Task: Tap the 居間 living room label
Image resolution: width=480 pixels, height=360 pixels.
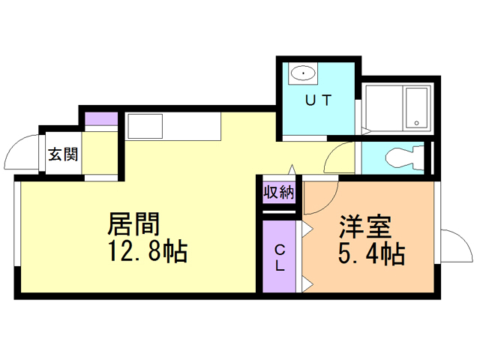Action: pyautogui.click(x=135, y=224)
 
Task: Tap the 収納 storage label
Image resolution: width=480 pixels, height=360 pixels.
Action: pyautogui.click(x=279, y=192)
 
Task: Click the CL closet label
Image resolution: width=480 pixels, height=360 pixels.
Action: pyautogui.click(x=279, y=257)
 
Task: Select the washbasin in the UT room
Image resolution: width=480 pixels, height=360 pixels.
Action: pyautogui.click(x=304, y=73)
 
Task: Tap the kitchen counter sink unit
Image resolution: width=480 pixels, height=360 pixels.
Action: pyautogui.click(x=173, y=125)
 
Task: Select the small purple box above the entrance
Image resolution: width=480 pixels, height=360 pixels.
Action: pyautogui.click(x=100, y=118)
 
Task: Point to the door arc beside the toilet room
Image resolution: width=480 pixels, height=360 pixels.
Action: pyautogui.click(x=342, y=157)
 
